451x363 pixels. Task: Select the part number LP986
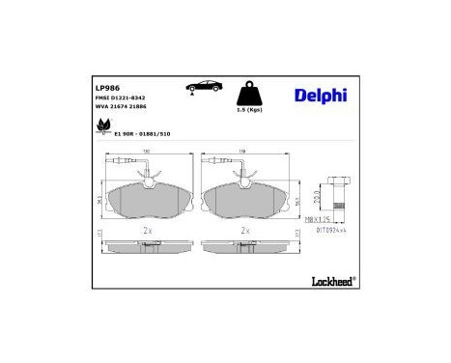click(106, 86)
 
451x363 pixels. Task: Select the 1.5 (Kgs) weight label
click(250, 110)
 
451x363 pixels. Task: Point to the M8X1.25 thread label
click(321, 220)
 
